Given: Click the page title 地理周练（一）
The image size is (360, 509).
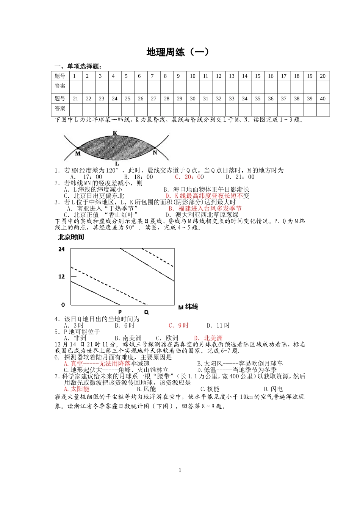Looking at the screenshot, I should [x=178, y=52].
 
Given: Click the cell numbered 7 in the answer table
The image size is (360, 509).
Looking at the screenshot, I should [x=152, y=76].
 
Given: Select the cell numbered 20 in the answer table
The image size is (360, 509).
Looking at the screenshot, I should [x=322, y=76].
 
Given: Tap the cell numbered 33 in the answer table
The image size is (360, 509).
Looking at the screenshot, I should [x=232, y=98].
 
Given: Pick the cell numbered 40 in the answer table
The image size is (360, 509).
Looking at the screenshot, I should [x=322, y=98].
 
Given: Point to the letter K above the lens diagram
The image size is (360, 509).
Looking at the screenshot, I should [x=115, y=133].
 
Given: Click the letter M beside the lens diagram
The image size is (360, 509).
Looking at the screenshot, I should [x=78, y=153].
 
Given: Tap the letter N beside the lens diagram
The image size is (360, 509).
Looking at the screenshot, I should [x=155, y=153].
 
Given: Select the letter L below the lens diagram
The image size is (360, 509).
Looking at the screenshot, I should [x=117, y=164].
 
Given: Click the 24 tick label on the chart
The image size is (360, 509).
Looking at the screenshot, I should [x=62, y=249].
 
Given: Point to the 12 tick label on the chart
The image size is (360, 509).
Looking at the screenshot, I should [x=62, y=276].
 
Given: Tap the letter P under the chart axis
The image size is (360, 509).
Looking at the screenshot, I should [x=120, y=312].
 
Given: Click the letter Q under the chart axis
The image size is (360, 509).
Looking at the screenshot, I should [x=146, y=312].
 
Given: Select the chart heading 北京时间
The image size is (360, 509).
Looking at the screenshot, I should [x=71, y=237].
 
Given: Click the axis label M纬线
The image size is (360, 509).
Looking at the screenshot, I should [x=188, y=307].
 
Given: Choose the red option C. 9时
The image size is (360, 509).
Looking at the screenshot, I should [x=178, y=326].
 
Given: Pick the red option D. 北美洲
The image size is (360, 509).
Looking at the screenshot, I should [x=208, y=338].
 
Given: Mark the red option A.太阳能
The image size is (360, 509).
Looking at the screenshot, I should [x=77, y=389].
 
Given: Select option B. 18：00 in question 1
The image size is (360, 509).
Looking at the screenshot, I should [x=138, y=177].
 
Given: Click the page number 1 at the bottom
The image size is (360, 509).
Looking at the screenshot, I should [x=180, y=470].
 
